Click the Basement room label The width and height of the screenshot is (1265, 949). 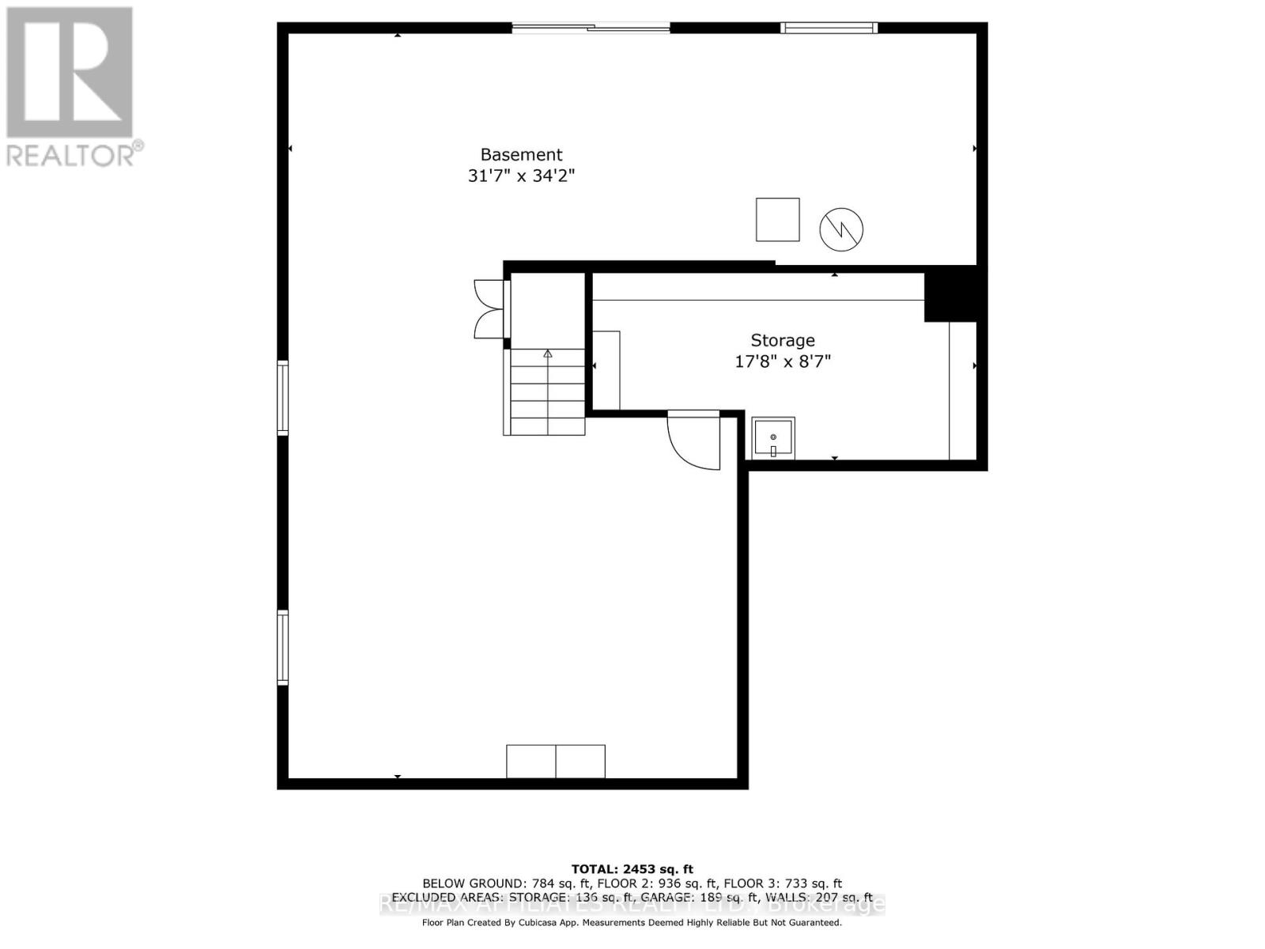tap(521, 155)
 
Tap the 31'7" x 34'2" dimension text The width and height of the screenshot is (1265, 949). tap(521, 176)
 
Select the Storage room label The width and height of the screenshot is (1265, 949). tap(783, 341)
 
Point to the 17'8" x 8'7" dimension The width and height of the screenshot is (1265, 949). tap(783, 362)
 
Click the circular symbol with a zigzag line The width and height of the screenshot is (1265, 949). tap(841, 229)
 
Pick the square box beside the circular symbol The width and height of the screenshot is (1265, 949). tap(778, 220)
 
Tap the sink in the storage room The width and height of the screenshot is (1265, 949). tap(772, 437)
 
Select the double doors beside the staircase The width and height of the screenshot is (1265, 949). tap(488, 309)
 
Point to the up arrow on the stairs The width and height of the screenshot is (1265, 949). tap(547, 354)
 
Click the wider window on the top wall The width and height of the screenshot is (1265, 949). tap(591, 28)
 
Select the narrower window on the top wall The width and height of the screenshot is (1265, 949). tap(829, 28)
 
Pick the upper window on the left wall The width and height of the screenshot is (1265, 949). tap(282, 398)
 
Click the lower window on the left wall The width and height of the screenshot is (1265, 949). tap(282, 647)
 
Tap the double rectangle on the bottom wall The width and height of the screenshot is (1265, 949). tap(556, 762)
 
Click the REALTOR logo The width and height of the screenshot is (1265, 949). tap(71, 86)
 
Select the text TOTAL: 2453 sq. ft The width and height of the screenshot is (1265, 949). tap(632, 869)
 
